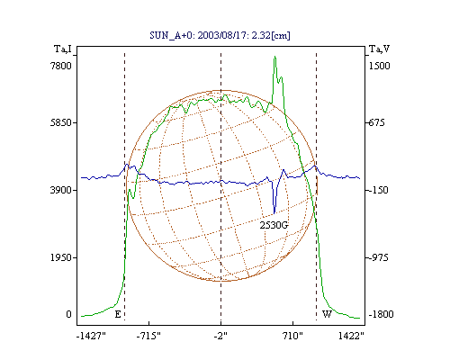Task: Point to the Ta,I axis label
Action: tap(63, 49)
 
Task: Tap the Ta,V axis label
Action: tap(379, 49)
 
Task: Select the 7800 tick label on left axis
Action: tap(61, 66)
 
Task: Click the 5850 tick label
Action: tap(61, 122)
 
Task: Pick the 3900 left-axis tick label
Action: tap(61, 190)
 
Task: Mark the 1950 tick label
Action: tap(61, 257)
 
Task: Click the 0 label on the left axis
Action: tap(68, 314)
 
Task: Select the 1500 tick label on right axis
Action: tap(379, 66)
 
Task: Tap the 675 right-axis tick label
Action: tap(376, 122)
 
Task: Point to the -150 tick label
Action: tap(378, 190)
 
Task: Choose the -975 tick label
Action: tap(378, 257)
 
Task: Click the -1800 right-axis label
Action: tap(381, 314)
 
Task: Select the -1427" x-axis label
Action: tap(91, 336)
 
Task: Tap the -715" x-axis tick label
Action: tap(148, 336)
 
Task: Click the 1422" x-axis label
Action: tap(351, 336)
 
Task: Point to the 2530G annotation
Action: tap(274, 225)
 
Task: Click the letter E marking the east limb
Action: tap(118, 314)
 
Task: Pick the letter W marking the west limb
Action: tap(327, 314)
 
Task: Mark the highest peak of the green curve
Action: tap(274, 57)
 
